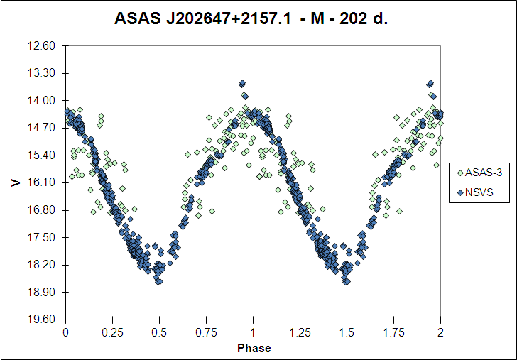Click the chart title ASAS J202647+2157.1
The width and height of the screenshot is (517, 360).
pyautogui.click(x=202, y=18)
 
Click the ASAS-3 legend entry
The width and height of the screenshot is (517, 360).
pyautogui.click(x=479, y=173)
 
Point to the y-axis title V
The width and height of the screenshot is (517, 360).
pyautogui.click(x=16, y=182)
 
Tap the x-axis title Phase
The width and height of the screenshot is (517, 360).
pyautogui.click(x=254, y=348)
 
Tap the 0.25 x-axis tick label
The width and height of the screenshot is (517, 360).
pyautogui.click(x=112, y=332)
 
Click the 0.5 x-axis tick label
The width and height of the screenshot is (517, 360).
pyautogui.click(x=160, y=332)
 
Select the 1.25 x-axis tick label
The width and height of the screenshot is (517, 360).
pyautogui.click(x=300, y=332)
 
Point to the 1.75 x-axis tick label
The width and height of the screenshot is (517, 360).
pyautogui.click(x=393, y=332)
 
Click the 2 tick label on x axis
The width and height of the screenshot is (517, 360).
pyautogui.click(x=440, y=332)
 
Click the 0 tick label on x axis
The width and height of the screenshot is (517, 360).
pyautogui.click(x=66, y=332)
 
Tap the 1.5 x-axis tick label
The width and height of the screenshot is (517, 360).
pyautogui.click(x=347, y=332)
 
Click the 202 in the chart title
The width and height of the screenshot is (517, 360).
pyautogui.click(x=353, y=18)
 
